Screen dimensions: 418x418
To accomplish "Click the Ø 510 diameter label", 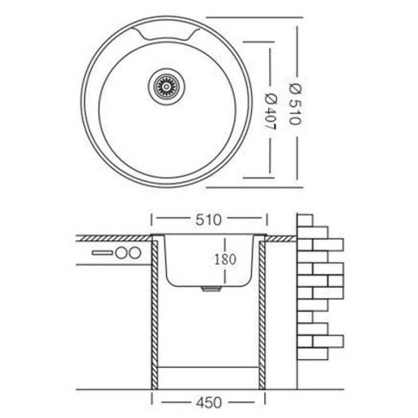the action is pyautogui.click(x=296, y=104).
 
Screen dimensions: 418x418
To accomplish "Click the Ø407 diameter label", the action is pyautogui.click(x=270, y=112).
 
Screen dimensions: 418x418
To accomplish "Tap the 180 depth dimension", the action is pyautogui.click(x=225, y=259).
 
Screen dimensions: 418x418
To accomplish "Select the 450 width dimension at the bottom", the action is pyautogui.click(x=208, y=402).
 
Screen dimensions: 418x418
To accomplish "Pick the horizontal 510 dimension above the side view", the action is pyautogui.click(x=208, y=220).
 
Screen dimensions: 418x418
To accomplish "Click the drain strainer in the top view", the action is pyautogui.click(x=167, y=86).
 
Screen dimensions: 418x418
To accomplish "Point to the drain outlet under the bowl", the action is pyautogui.click(x=211, y=289).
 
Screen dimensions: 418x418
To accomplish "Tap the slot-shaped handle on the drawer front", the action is pyautogui.click(x=102, y=253).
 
